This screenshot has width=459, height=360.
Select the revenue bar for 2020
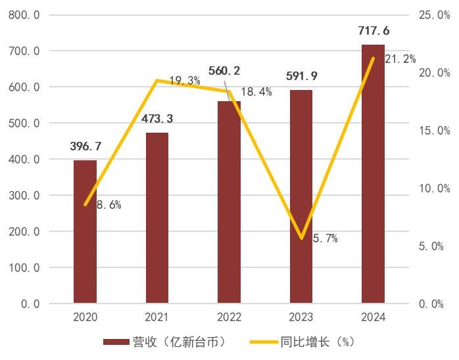pyautogui.click(x=85, y=231)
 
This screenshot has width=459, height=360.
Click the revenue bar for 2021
pyautogui.click(x=157, y=218)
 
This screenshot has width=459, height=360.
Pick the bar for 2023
pyautogui.click(x=301, y=197)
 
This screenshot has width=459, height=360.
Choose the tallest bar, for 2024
pyautogui.click(x=374, y=174)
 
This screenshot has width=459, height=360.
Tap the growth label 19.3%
pyautogui.click(x=184, y=80)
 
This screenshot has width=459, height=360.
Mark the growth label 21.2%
pyautogui.click(x=400, y=59)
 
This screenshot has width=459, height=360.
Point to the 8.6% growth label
pyautogui.click(x=109, y=204)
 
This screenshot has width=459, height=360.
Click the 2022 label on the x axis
pyautogui.click(x=229, y=317)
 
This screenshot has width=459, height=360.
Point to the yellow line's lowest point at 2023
pyautogui.click(x=301, y=238)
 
